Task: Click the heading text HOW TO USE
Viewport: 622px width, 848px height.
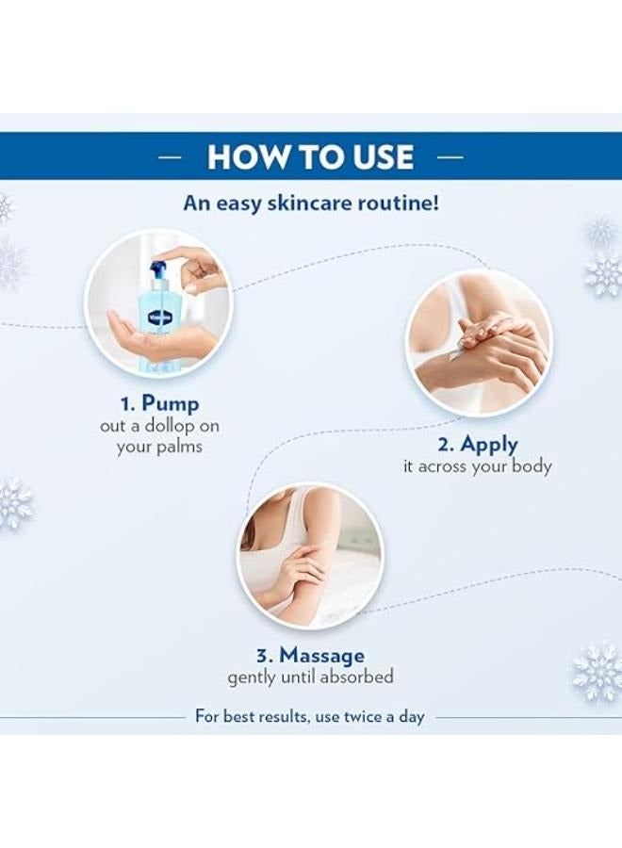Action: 310,156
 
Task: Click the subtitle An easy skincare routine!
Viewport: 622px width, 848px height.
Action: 310,203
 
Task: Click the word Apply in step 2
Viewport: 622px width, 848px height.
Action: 489,444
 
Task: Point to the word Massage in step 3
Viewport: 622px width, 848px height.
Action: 321,655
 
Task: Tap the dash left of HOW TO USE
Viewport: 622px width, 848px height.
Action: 170,157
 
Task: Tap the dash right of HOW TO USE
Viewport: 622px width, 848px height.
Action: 451,157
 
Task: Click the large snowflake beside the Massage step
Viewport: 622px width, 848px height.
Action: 597,671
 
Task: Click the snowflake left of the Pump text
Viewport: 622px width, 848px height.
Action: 13,503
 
